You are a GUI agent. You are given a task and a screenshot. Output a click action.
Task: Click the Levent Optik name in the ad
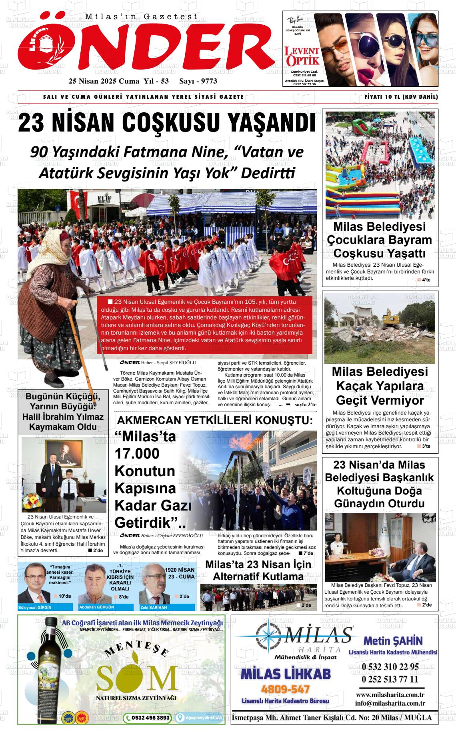coord(302,56)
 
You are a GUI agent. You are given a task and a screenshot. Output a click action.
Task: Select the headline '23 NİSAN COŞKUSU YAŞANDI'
coord(167,124)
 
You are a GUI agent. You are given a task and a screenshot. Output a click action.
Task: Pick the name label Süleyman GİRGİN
coord(35,607)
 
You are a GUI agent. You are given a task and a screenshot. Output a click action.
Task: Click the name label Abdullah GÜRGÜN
coord(97,607)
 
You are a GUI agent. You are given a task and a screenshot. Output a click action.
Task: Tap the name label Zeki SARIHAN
coord(154,607)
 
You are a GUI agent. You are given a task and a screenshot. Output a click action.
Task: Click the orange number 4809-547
coord(285,689)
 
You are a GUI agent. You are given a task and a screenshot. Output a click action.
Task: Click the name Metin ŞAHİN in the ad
coord(393,640)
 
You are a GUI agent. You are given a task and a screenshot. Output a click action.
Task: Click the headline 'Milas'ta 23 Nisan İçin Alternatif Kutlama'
coord(258,570)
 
